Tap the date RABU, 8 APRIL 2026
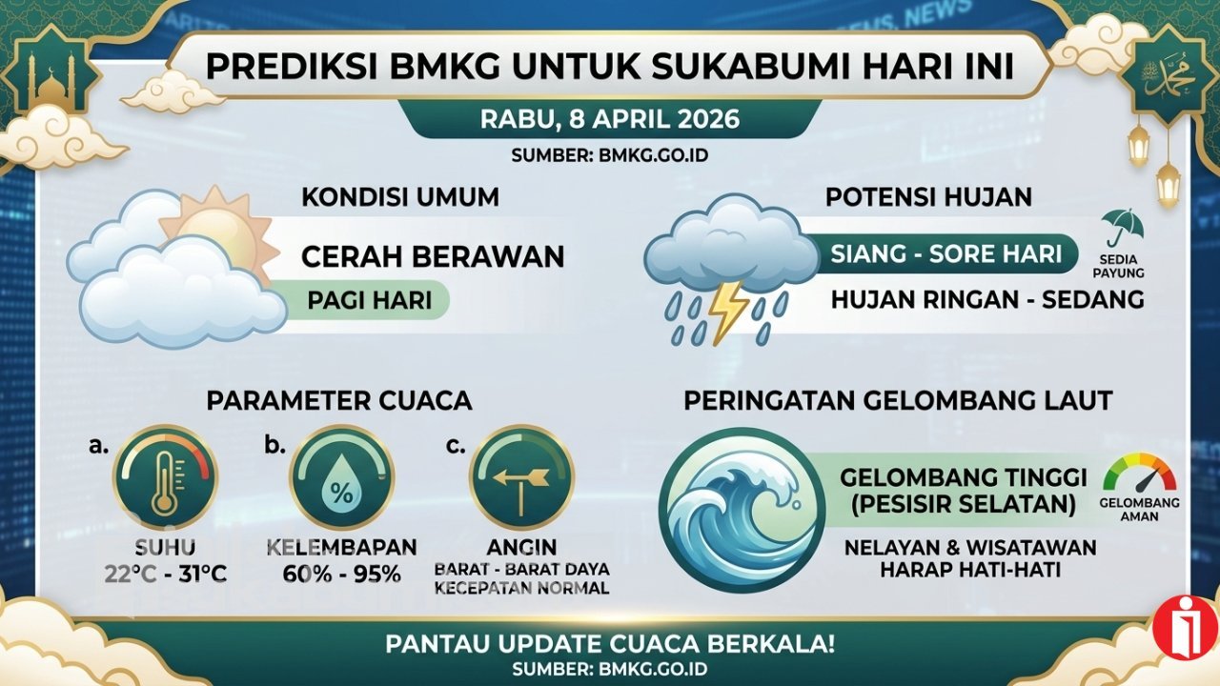click(x=610, y=119)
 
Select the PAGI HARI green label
click(x=369, y=300)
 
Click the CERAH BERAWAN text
click(x=433, y=256)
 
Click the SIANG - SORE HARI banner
click(x=946, y=254)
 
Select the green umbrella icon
click(x=1122, y=228)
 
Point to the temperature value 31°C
click(x=203, y=574)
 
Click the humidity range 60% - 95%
click(x=342, y=574)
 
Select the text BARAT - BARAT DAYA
click(x=521, y=570)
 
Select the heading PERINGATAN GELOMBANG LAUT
click(x=898, y=402)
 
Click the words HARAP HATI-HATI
click(x=970, y=570)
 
